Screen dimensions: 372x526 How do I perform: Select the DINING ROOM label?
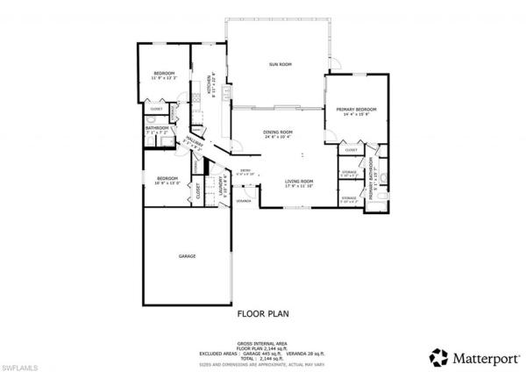(x=277, y=132)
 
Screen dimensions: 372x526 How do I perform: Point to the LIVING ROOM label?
(x=299, y=181)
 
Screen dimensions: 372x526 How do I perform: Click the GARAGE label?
(x=187, y=255)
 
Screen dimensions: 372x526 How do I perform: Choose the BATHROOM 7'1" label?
(x=158, y=128)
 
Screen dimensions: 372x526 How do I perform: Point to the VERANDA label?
(x=244, y=201)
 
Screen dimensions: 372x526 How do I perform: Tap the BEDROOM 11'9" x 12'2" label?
(x=164, y=73)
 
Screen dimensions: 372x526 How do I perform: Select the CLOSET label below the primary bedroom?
(x=351, y=150)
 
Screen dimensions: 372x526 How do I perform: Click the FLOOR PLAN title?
(x=263, y=312)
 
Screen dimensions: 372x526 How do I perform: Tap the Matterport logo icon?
(x=437, y=356)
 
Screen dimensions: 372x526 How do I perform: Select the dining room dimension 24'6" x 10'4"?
(x=277, y=137)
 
